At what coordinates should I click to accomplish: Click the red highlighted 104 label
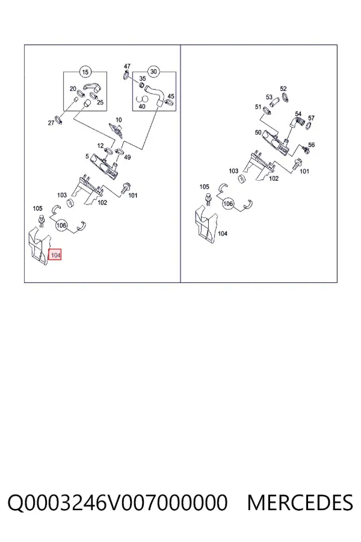click(55, 255)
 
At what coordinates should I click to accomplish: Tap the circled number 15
click(85, 72)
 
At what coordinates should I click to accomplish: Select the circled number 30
click(154, 72)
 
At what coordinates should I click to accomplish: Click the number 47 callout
click(127, 66)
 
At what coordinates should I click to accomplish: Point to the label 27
click(51, 123)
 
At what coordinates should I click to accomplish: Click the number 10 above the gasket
click(119, 120)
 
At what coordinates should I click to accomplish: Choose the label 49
click(128, 157)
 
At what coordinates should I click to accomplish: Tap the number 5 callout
click(87, 156)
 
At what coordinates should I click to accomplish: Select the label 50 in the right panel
click(258, 132)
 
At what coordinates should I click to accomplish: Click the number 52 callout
click(283, 89)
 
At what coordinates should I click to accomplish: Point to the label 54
click(298, 114)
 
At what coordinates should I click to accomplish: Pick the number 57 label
click(311, 118)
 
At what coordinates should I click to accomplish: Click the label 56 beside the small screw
click(311, 145)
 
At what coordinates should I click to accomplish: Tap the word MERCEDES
click(300, 502)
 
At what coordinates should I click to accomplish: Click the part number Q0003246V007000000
click(117, 502)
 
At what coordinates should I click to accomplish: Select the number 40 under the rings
click(141, 107)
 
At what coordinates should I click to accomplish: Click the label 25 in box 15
click(100, 102)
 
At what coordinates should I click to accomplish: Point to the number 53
click(269, 97)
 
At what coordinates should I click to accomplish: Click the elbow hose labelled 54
click(295, 122)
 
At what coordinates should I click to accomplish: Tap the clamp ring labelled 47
click(126, 75)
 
